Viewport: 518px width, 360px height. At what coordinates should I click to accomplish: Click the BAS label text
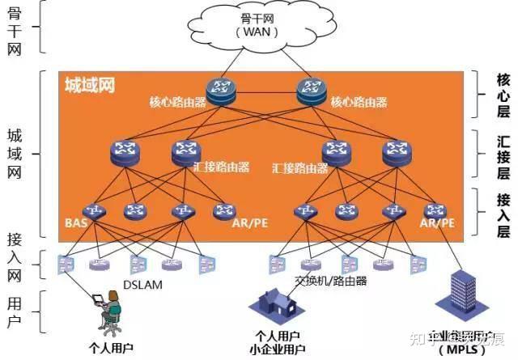[x=75, y=222]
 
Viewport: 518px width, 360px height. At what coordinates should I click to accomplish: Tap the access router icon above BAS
[x=96, y=210]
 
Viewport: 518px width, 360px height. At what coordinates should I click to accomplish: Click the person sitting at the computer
[x=109, y=311]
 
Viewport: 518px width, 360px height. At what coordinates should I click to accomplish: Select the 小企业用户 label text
[x=278, y=349]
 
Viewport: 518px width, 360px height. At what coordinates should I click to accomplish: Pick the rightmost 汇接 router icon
[x=396, y=150]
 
